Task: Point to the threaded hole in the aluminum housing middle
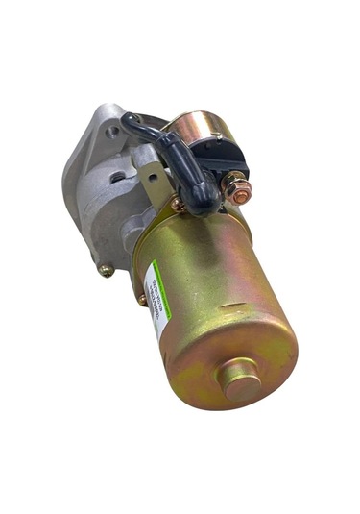coord(115,177)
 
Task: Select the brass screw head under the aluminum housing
coord(106,270)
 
